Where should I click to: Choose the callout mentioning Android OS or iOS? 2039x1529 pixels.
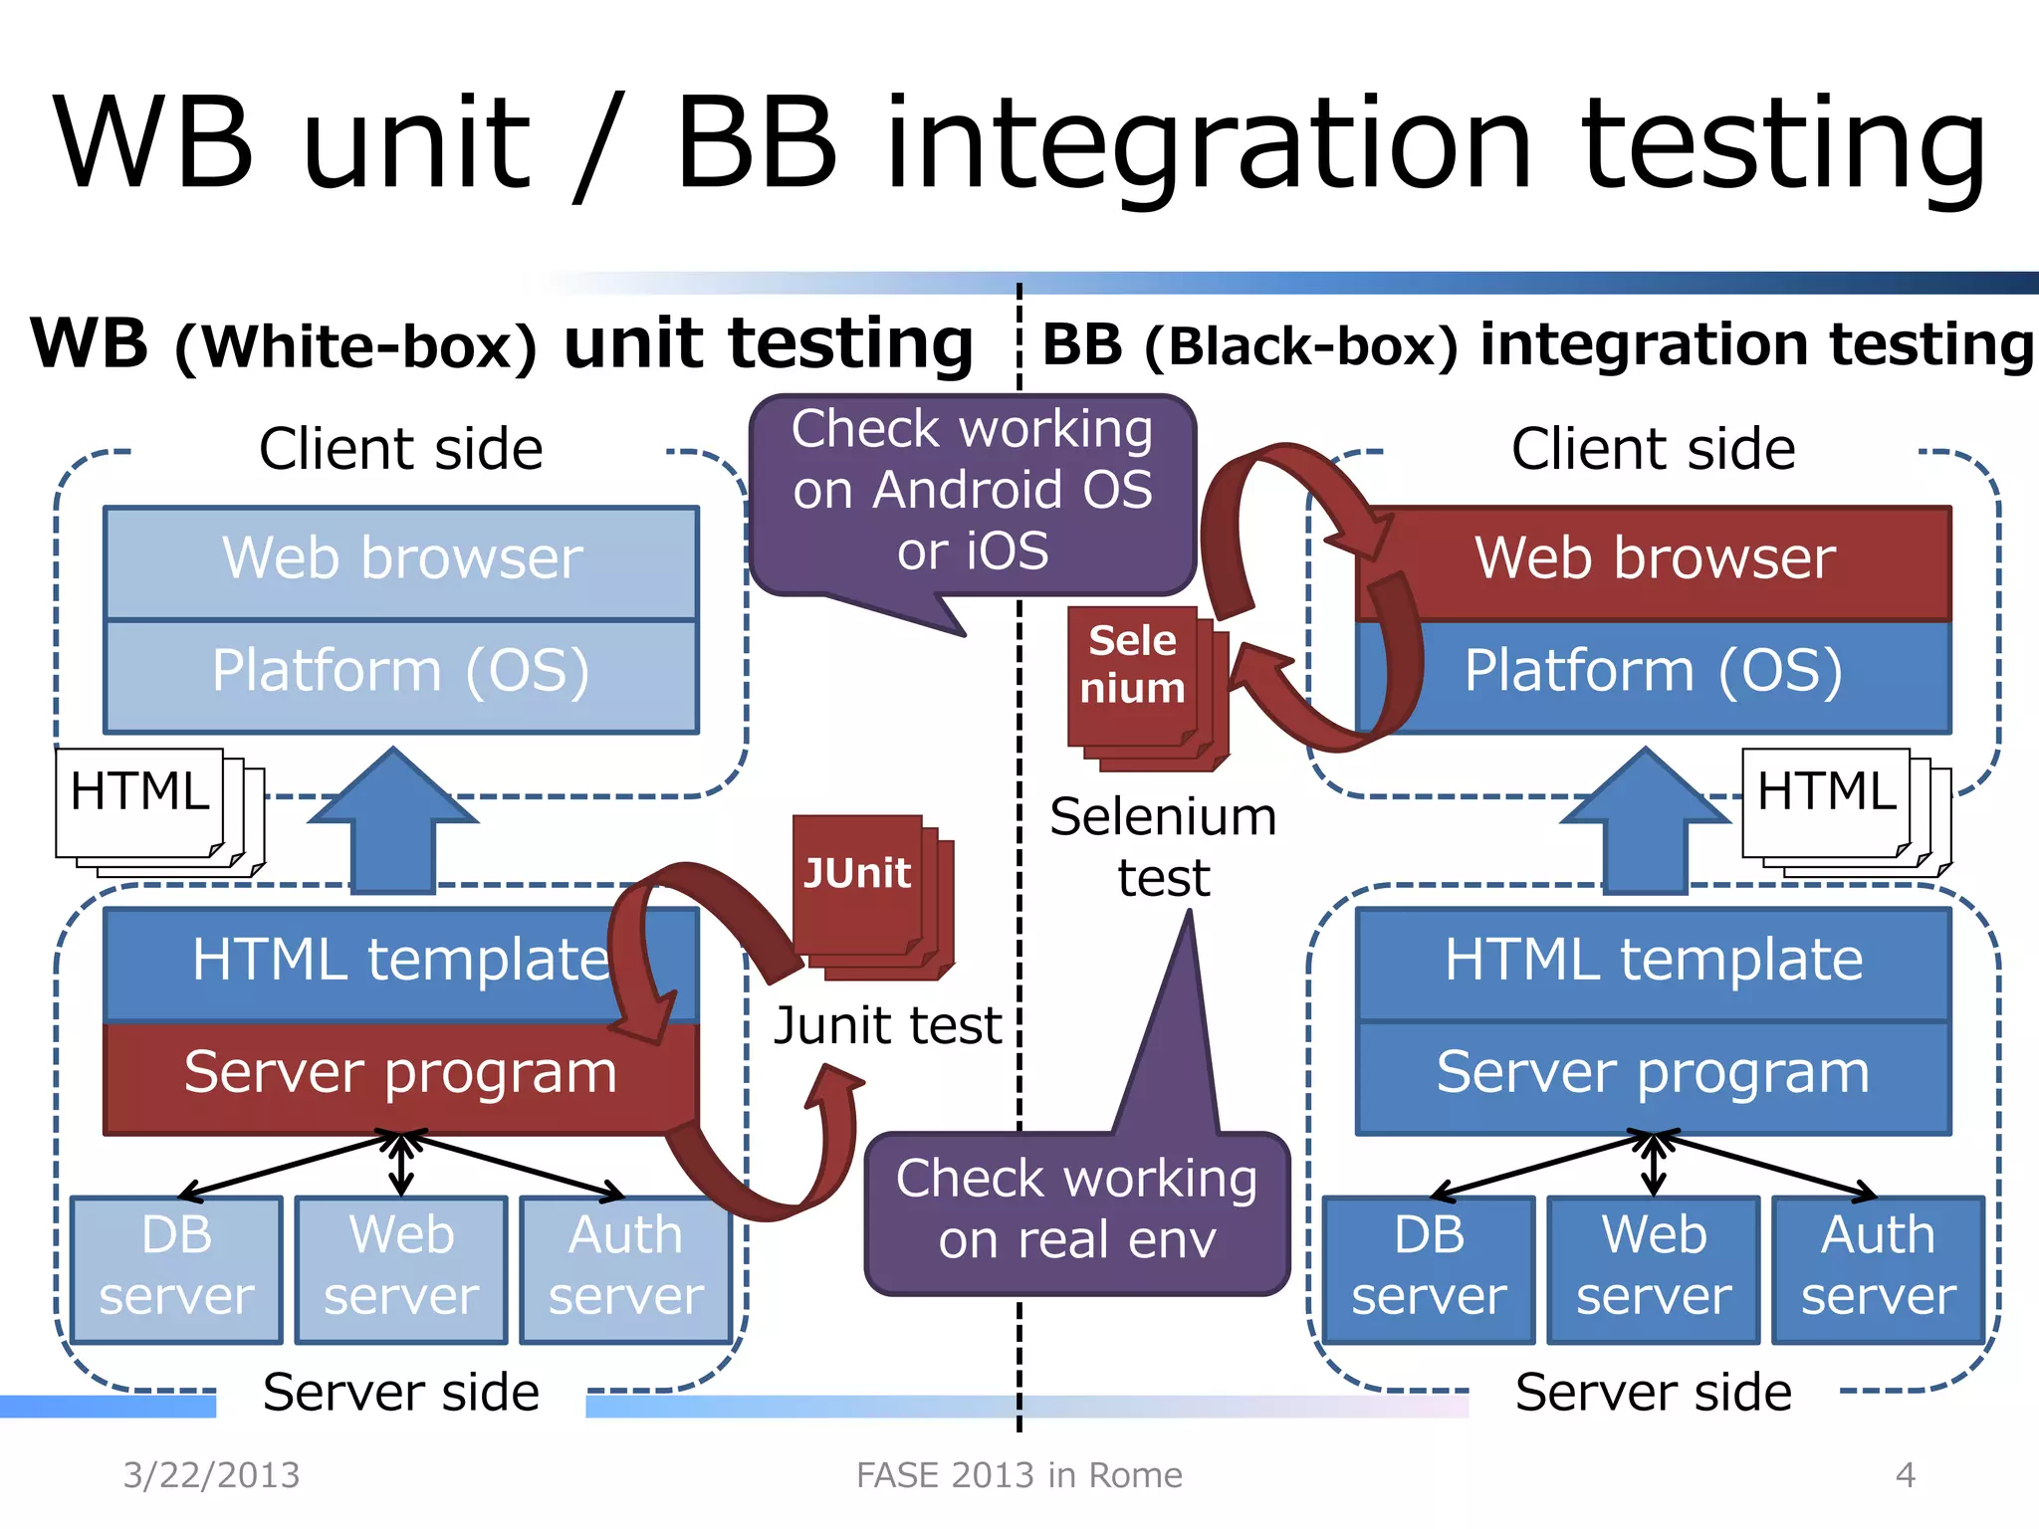pyautogui.click(x=972, y=494)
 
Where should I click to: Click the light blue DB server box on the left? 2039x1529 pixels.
pyautogui.click(x=177, y=1268)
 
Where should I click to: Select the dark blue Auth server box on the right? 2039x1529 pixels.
pyautogui.click(x=1879, y=1268)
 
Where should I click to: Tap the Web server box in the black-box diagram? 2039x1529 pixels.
pyautogui.click(x=1654, y=1268)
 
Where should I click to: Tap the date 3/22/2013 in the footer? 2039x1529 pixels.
pyautogui.click(x=211, y=1475)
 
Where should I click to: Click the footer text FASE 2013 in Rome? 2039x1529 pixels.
pyautogui.click(x=1019, y=1475)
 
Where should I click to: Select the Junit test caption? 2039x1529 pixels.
pyautogui.click(x=887, y=1026)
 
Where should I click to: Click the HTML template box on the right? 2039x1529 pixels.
pyautogui.click(x=1654, y=963)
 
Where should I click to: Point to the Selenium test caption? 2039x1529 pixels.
pyautogui.click(x=1163, y=847)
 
